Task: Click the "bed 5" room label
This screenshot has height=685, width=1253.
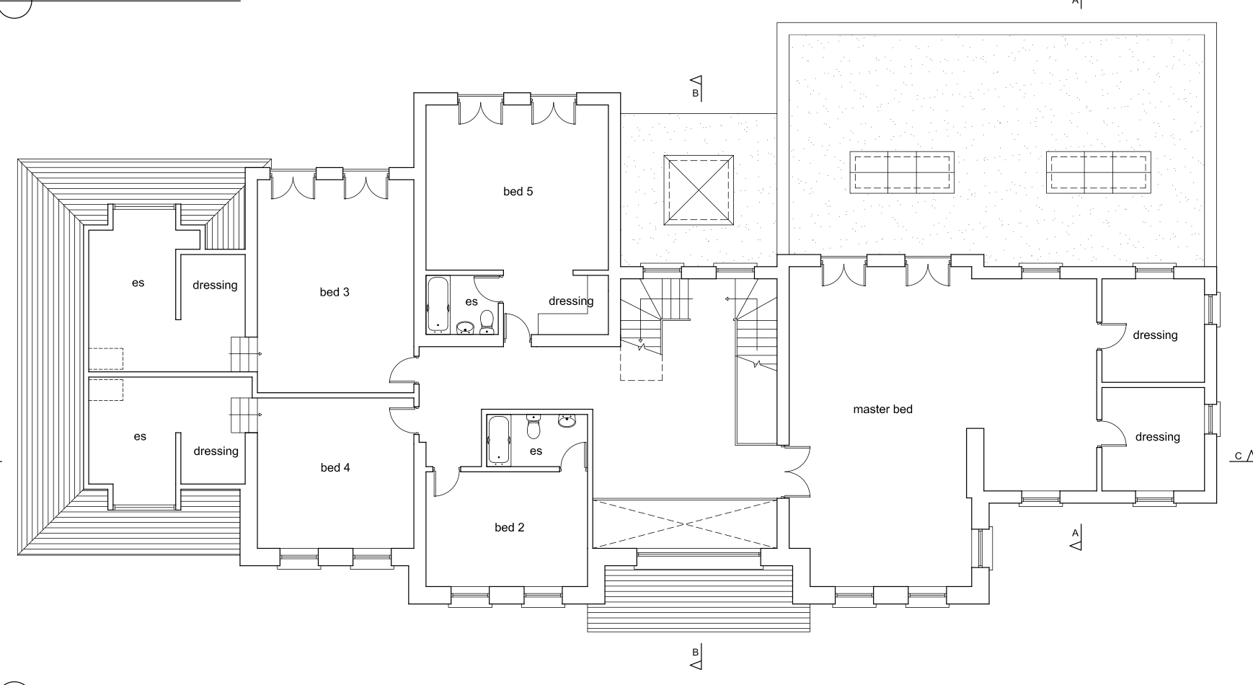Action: click(518, 191)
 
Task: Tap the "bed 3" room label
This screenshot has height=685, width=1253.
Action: click(335, 292)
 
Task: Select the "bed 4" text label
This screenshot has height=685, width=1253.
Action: click(335, 468)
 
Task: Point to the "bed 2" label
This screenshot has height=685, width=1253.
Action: click(510, 528)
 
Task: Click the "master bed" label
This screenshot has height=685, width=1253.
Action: click(882, 410)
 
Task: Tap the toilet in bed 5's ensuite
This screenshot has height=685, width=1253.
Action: click(487, 323)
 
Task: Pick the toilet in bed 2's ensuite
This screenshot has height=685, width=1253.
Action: click(533, 427)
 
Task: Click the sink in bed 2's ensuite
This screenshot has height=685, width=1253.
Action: click(568, 420)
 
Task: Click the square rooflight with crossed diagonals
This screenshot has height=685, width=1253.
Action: click(698, 190)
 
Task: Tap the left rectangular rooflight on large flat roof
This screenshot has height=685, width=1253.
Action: click(902, 172)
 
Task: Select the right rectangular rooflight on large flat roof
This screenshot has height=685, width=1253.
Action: click(1098, 172)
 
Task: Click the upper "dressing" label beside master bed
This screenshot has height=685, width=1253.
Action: click(1155, 335)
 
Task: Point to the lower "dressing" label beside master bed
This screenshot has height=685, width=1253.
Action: click(1158, 437)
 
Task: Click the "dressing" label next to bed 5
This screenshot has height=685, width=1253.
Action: click(571, 301)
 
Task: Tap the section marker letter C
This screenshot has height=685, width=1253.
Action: click(1239, 456)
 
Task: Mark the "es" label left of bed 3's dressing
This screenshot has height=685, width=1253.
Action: click(138, 283)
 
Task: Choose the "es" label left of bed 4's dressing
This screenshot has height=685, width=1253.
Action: click(140, 437)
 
